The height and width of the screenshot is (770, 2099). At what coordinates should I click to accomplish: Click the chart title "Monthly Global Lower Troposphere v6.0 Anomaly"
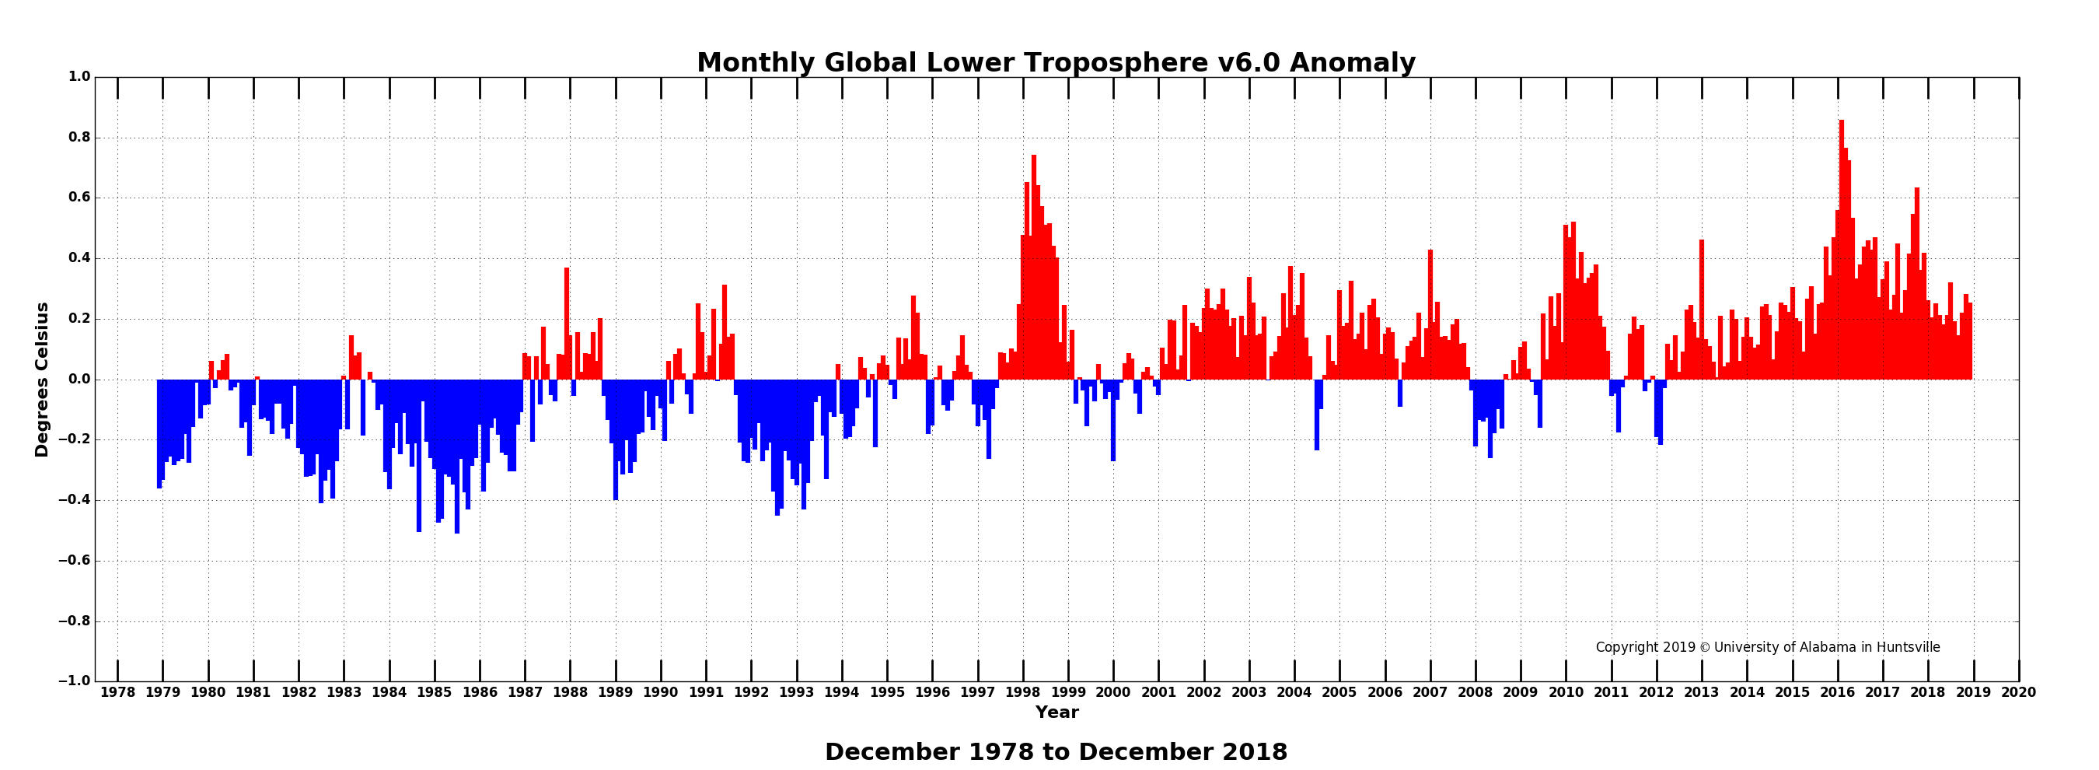[1056, 64]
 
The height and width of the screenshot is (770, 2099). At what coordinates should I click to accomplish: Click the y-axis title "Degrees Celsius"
[43, 380]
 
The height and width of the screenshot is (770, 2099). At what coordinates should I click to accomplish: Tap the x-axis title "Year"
[1056, 713]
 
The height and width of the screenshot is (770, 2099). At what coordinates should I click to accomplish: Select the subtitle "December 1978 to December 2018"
[1056, 752]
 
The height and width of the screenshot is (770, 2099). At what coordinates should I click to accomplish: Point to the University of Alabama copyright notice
[1767, 648]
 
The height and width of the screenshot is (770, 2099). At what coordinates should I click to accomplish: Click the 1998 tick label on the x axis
[1022, 692]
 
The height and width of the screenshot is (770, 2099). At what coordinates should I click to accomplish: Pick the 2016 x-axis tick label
[1838, 692]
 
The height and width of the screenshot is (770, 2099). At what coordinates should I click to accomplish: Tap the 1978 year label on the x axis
[117, 692]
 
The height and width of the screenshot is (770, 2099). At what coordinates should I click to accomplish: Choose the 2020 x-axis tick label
[2018, 692]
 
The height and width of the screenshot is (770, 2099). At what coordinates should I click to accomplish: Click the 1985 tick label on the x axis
[435, 692]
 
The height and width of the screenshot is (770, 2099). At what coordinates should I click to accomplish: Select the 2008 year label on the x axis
[1475, 692]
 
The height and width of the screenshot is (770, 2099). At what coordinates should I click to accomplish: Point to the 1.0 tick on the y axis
[79, 78]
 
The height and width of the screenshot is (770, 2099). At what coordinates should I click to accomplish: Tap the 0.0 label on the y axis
[79, 380]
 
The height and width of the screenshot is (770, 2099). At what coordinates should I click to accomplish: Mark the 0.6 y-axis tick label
[79, 198]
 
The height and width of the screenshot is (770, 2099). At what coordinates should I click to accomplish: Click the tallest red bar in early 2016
[1842, 244]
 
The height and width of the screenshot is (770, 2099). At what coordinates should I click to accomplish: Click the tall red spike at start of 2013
[1702, 310]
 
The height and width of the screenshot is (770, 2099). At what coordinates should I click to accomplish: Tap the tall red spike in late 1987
[566, 326]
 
